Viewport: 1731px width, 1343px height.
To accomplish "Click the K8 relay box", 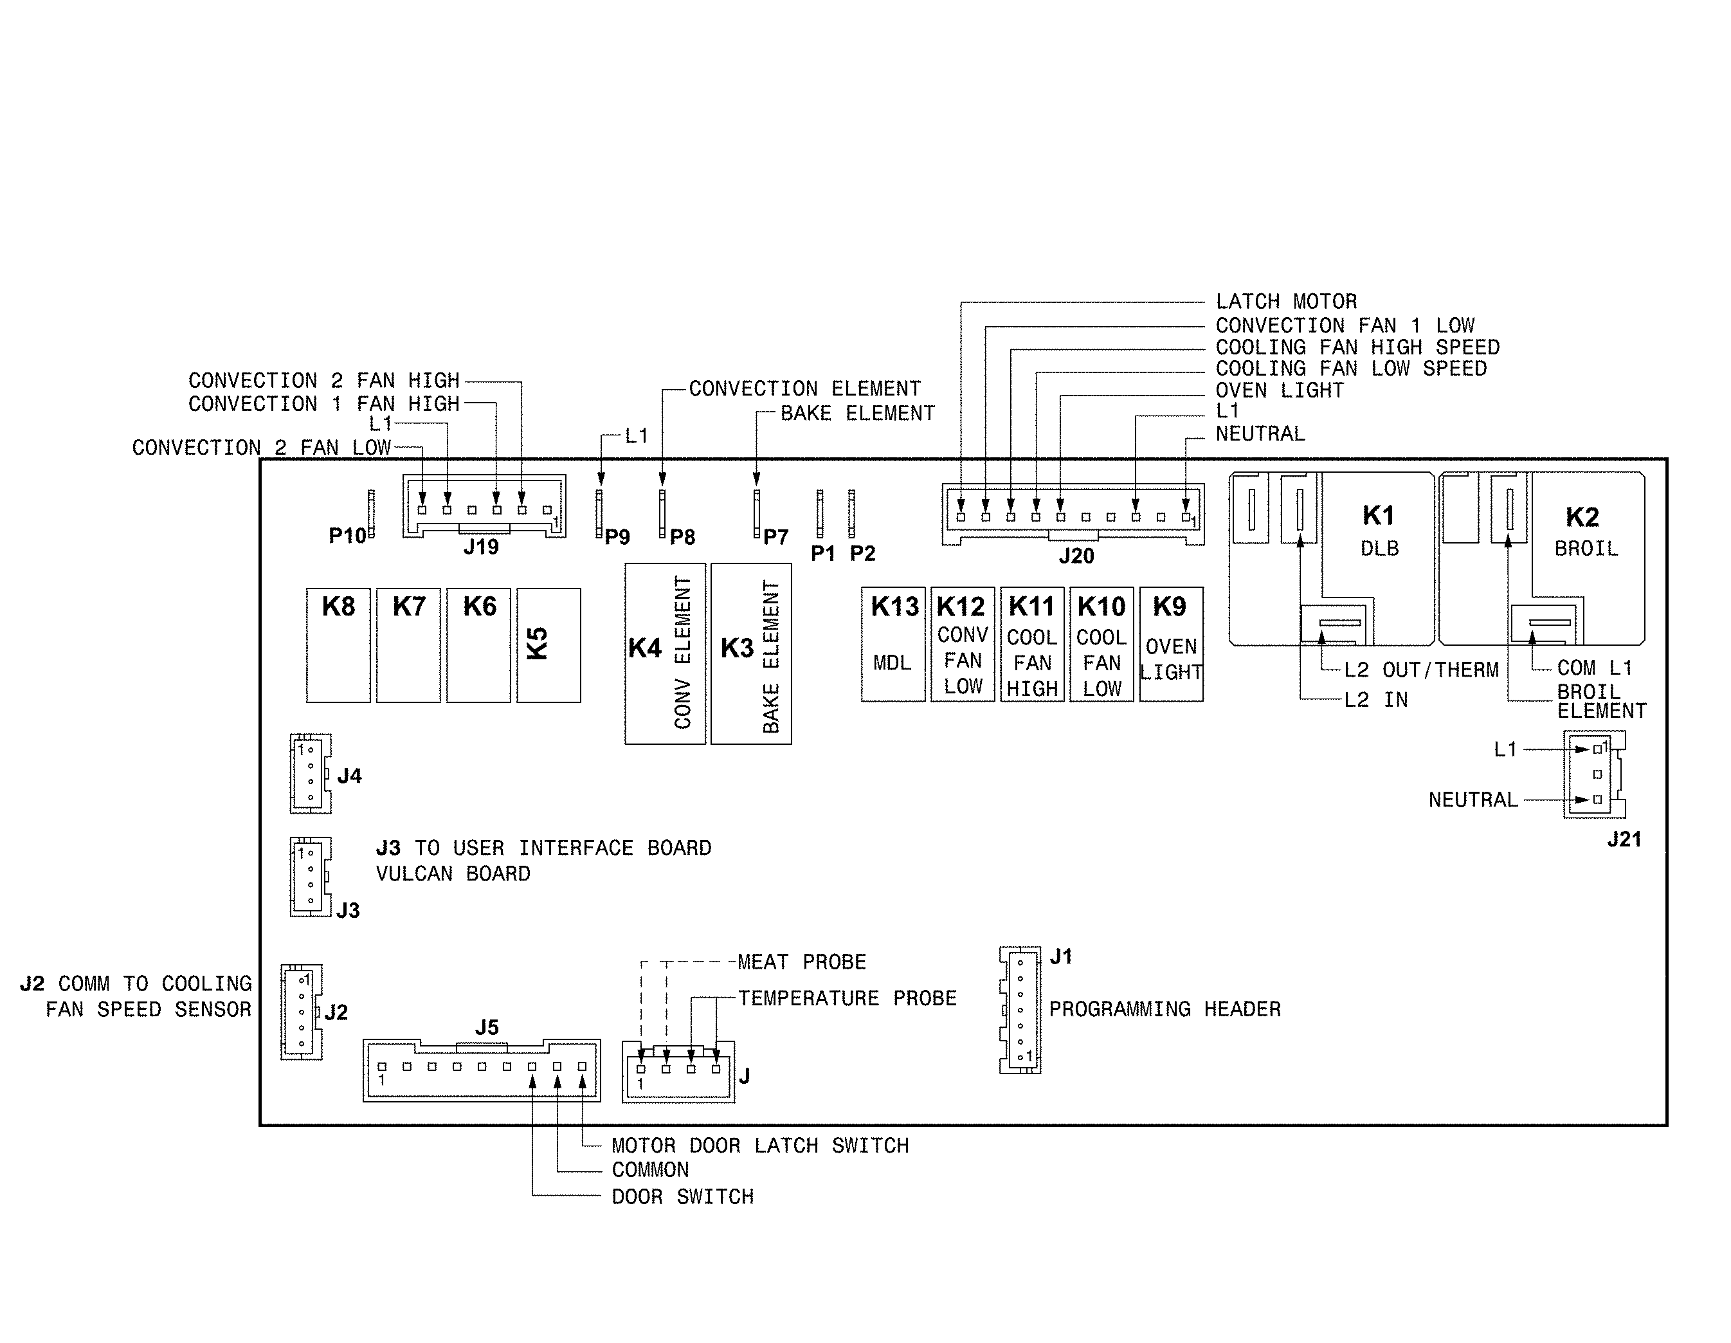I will pos(338,644).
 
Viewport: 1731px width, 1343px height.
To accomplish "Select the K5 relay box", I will pos(548,644).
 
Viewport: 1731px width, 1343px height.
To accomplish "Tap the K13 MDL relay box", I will pos(893,644).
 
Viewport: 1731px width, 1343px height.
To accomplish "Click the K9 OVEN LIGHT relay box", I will pos(1171,644).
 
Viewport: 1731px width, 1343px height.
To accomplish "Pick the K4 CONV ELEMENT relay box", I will pos(664,653).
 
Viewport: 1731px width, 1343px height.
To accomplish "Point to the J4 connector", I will pos(310,773).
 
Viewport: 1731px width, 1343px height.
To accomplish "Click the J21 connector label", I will pos(1623,839).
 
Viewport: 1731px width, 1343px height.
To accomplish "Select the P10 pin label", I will pos(347,536).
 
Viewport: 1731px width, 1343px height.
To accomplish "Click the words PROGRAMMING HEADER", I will pos(1165,1009).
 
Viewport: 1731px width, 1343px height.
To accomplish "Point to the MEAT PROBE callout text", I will pos(801,962).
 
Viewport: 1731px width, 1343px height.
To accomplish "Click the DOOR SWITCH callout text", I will pos(682,1196).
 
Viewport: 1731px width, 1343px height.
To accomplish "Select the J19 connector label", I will pos(481,547).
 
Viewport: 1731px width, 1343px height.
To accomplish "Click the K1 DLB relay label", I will pos(1379,529).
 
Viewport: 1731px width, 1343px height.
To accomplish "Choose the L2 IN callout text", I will pos(1375,699).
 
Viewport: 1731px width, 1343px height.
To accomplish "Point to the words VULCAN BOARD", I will pos(453,873).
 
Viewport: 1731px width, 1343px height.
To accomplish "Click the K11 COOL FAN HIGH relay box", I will pos(1032,644).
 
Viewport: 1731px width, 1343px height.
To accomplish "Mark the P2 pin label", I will pos(862,553).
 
